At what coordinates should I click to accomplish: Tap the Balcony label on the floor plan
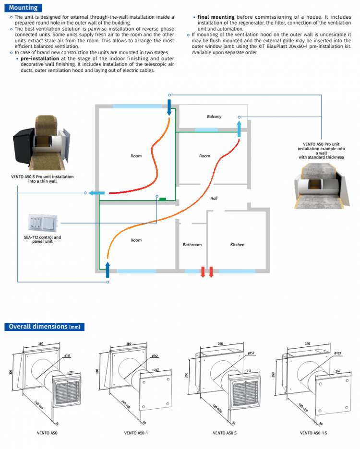coord(214,117)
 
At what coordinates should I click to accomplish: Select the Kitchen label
coord(237,245)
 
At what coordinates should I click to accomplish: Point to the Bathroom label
coord(192,245)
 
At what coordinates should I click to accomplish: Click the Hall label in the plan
coord(214,198)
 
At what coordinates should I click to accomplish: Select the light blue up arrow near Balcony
coord(239,129)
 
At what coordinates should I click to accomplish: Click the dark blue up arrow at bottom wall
coord(107,270)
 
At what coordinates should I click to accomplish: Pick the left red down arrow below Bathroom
coord(203,272)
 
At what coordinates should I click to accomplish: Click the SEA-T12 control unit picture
coord(43,222)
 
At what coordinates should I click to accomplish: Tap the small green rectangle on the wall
coord(163,199)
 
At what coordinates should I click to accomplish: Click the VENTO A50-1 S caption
coord(313,433)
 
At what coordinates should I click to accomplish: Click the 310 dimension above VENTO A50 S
coord(222,343)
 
